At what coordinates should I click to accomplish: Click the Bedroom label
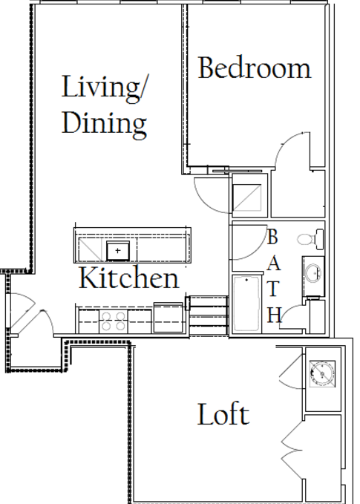coord(255,68)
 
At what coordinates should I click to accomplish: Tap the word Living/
coord(103,87)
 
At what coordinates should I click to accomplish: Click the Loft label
coord(223,414)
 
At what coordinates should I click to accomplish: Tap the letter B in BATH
coord(272,237)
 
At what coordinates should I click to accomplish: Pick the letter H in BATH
coord(275,315)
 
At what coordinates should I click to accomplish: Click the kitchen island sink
coord(118,251)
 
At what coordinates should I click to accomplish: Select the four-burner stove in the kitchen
coord(113,321)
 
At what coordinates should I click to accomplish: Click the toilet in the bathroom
coord(310,239)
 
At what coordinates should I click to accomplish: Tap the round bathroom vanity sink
coord(312,273)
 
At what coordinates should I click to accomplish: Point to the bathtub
coord(246,304)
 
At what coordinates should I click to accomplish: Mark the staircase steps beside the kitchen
coord(209,317)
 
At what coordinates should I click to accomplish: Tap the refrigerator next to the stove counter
coord(168,318)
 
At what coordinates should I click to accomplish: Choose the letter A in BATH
coord(274,264)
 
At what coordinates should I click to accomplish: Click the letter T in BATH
coord(272,289)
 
